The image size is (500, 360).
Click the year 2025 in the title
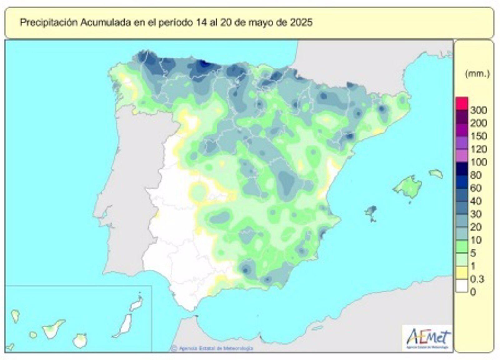[301, 23]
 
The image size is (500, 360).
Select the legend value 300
[479, 110]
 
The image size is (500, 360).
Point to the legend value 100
[479, 162]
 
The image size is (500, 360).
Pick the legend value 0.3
[477, 279]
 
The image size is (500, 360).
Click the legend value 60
[476, 188]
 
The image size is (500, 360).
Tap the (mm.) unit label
[477, 74]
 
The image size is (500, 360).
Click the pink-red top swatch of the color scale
[462, 103]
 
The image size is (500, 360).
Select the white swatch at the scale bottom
[462, 286]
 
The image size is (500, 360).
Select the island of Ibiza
[371, 211]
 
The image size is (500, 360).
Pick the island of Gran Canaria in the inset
[80, 341]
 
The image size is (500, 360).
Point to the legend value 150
[479, 136]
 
